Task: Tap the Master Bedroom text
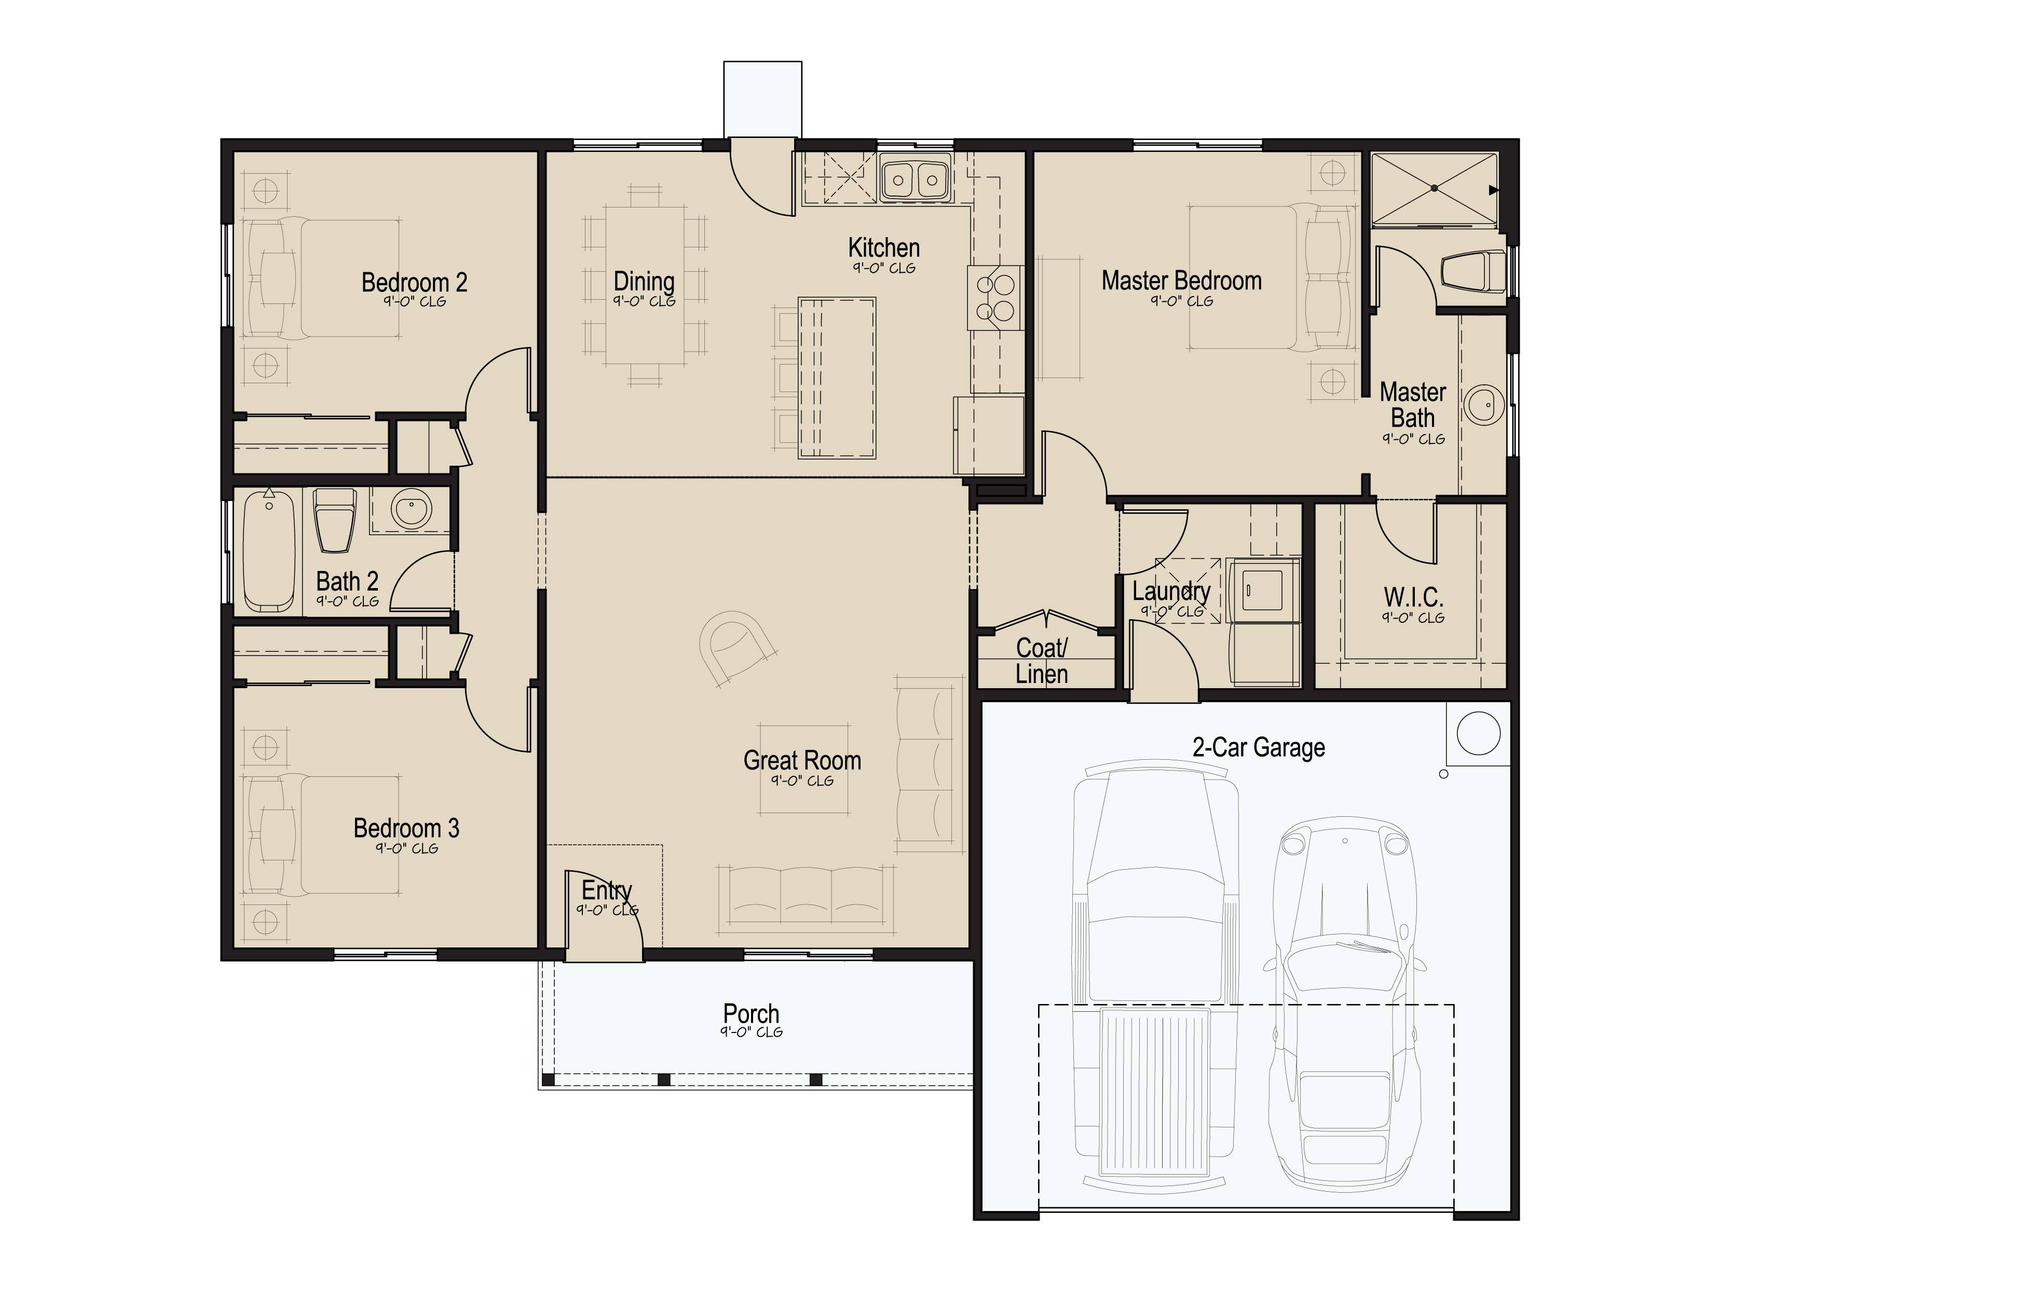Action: tap(1181, 281)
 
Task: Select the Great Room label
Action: tap(802, 760)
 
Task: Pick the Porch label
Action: tap(751, 1013)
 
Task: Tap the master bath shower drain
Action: tap(1434, 189)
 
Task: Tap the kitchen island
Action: tap(837, 378)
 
